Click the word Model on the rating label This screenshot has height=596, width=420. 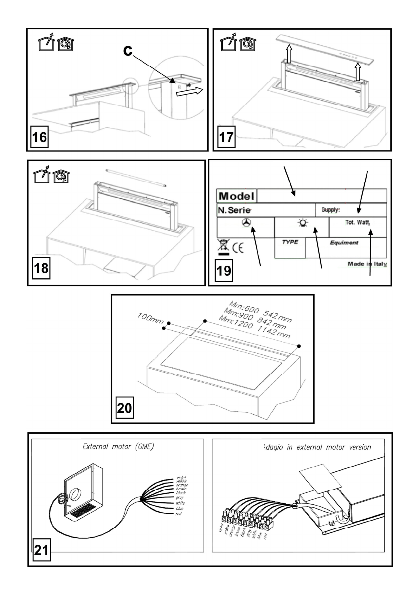[x=236, y=195]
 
